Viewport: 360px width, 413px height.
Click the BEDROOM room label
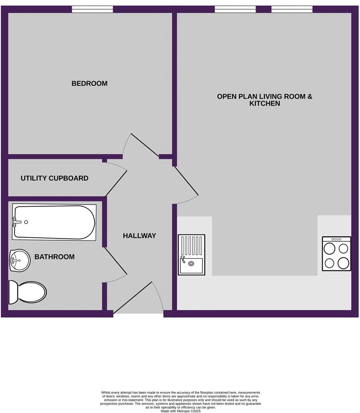(x=89, y=83)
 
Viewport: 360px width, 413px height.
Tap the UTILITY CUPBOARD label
(x=54, y=178)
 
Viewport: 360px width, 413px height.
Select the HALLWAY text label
(x=140, y=236)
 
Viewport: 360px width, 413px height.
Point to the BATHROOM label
(x=54, y=257)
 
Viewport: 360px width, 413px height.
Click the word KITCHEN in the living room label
(x=264, y=104)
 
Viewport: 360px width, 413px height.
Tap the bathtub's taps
(x=17, y=222)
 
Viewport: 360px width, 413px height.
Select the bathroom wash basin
(x=19, y=260)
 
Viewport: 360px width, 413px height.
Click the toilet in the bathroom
(x=28, y=292)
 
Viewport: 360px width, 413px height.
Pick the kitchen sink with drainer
(x=192, y=255)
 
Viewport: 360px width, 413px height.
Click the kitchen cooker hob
(x=337, y=254)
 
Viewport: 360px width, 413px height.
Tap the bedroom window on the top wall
(x=92, y=9)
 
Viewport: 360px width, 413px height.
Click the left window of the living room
(x=235, y=9)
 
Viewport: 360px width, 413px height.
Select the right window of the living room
(x=292, y=9)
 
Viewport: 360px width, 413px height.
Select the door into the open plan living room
(x=186, y=182)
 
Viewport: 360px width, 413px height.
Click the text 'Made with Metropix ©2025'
(x=180, y=410)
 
